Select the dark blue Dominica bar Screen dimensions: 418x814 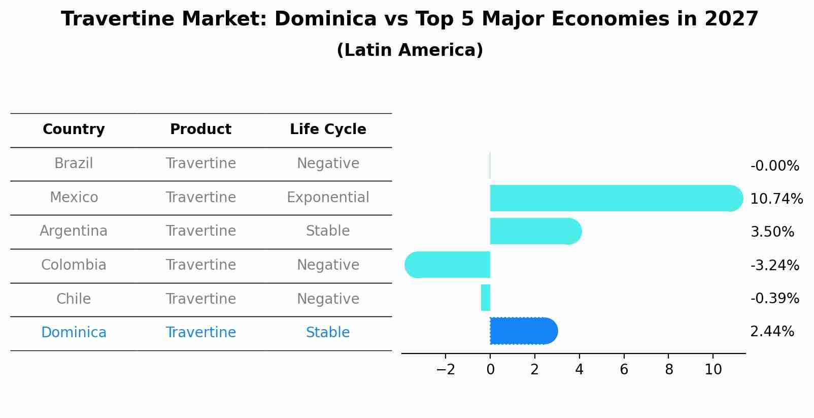coord(523,331)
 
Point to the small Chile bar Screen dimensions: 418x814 coord(486,298)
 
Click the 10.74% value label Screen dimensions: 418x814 coord(776,199)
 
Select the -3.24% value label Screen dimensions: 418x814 coord(774,265)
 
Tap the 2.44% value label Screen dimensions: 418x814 coord(771,332)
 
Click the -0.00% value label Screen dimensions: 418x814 coord(774,166)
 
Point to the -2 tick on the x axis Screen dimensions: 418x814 coord(445,370)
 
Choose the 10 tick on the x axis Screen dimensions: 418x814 coord(713,370)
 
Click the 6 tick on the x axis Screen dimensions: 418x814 coord(624,370)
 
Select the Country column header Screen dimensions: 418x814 coord(74,130)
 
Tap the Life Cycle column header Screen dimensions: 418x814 coord(328,130)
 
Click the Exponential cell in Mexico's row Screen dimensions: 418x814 coord(328,197)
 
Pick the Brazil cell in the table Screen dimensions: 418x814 coord(74,164)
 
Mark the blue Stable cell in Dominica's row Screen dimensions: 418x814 coord(328,333)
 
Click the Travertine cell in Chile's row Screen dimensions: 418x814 coord(200,299)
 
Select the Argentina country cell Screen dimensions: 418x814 coord(74,231)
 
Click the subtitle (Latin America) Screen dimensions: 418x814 coord(410,50)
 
